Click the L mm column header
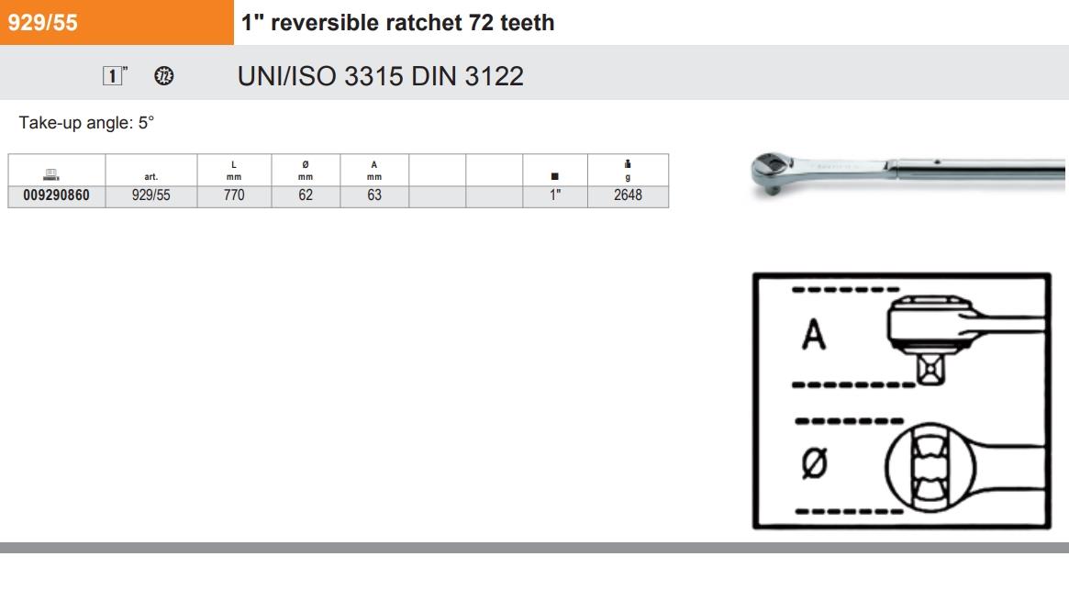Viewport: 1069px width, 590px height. [x=234, y=171]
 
